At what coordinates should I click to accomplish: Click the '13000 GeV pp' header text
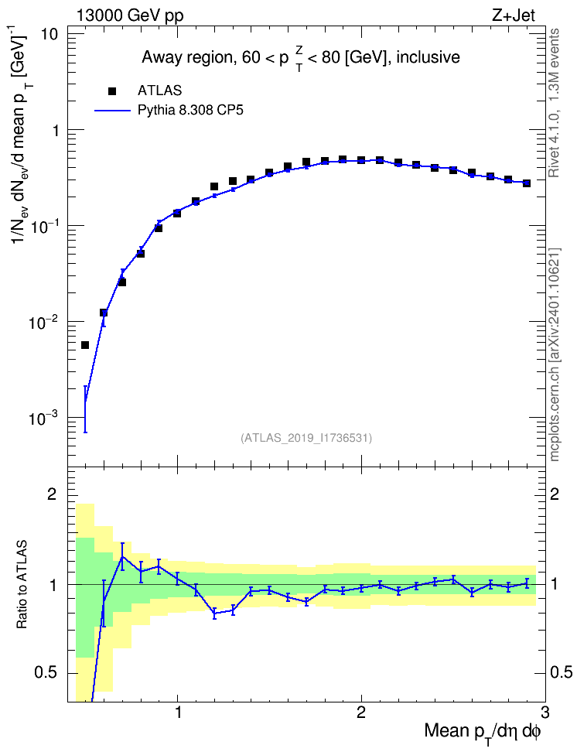[130, 15]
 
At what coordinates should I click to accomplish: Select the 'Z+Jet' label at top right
[514, 15]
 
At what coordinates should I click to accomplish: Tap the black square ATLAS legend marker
[112, 91]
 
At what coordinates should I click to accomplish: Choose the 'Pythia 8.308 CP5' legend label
[190, 111]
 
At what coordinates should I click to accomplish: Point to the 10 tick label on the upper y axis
[47, 35]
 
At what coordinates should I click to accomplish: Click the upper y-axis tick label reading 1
[54, 131]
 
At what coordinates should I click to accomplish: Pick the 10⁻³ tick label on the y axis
[43, 417]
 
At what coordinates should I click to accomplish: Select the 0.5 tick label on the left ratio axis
[46, 673]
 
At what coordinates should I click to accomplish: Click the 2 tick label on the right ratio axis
[555, 494]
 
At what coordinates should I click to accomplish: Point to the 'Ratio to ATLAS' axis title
[22, 584]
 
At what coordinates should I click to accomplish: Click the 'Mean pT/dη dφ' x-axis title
[483, 732]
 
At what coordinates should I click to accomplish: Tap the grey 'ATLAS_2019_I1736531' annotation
[306, 437]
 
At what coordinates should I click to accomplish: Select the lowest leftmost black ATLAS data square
[85, 345]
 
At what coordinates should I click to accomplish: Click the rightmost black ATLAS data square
[527, 183]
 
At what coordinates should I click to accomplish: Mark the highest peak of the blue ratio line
[123, 556]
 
